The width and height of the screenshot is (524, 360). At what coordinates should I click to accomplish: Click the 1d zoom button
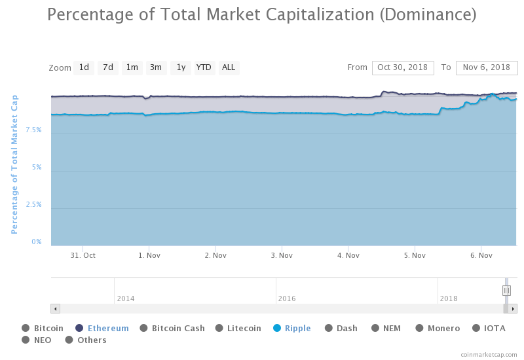click(84, 67)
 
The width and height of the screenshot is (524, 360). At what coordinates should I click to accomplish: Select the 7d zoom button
click(108, 67)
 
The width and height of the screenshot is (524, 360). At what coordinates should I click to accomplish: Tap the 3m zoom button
click(156, 67)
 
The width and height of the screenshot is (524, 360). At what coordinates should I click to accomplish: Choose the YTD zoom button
click(204, 67)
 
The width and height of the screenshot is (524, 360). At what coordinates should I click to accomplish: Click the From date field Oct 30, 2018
click(402, 67)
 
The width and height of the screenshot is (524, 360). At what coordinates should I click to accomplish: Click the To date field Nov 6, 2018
click(486, 67)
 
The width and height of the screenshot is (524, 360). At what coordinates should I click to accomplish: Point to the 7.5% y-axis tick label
click(33, 130)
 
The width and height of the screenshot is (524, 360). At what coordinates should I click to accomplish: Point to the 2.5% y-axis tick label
click(33, 205)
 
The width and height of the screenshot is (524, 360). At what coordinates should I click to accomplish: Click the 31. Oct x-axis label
click(83, 256)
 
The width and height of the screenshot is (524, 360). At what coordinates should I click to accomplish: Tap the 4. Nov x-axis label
click(348, 256)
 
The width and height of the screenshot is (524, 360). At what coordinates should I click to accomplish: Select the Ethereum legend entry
click(108, 329)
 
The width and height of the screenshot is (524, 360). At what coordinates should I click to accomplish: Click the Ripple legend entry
click(297, 329)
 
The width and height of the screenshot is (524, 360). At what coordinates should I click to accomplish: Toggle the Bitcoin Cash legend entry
click(178, 329)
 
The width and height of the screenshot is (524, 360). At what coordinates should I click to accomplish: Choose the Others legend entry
click(92, 340)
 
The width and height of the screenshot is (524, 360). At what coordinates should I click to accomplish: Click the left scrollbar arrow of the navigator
click(55, 309)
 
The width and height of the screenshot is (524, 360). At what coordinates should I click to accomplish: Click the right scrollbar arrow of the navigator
click(512, 309)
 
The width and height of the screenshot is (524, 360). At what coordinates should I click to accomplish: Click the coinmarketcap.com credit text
click(489, 354)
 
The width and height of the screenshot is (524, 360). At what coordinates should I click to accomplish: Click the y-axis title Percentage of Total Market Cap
click(14, 164)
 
